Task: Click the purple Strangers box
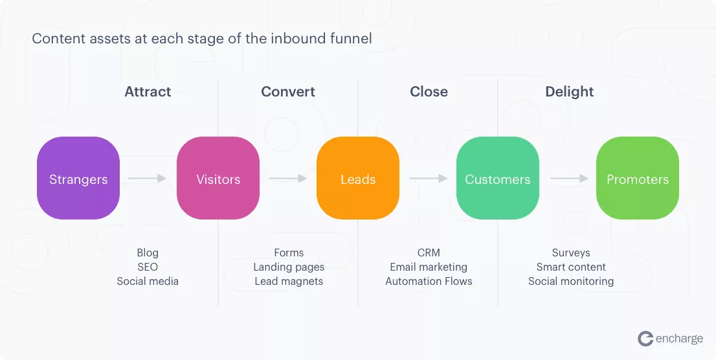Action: pos(78,178)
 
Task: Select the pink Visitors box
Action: pos(218,178)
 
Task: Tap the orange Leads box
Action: pos(358,178)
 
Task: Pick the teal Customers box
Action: pos(498,178)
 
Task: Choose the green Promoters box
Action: pos(638,178)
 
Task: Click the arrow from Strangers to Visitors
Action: pos(147,178)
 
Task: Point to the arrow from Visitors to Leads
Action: pos(287,178)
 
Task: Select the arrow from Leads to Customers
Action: pos(428,178)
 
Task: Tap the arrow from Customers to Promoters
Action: pos(569,178)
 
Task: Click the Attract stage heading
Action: pos(148,92)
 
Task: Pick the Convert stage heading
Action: pos(288,92)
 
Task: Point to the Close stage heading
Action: pos(429,92)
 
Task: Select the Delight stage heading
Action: pos(570,92)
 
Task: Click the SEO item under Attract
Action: pos(148,267)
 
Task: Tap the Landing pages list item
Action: pos(289,267)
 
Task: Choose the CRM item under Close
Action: pos(429,253)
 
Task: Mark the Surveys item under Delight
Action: pos(571,253)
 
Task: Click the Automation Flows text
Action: pos(429,282)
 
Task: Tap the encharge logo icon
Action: pos(645,339)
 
